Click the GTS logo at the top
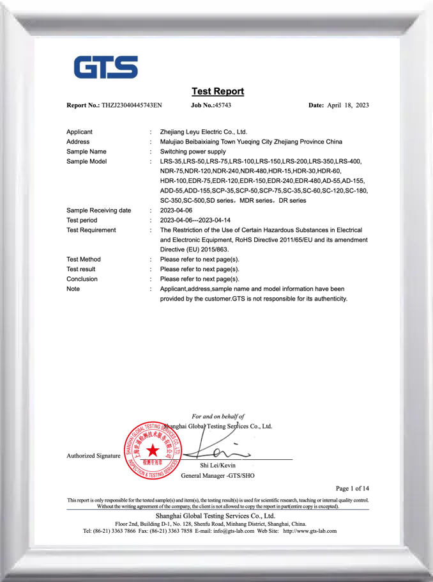pos(106,68)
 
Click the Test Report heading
pos(217,91)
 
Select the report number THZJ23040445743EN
pos(132,105)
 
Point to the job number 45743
pos(223,105)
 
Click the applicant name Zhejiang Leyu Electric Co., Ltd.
pos(204,132)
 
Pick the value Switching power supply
pos(193,152)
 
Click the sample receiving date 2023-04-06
pos(176,210)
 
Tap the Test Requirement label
pos(91,230)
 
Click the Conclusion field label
pos(82,279)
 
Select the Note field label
pos(74,289)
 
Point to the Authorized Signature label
pos(93,456)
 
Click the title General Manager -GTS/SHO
pos(218,476)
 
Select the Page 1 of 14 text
pos(352,489)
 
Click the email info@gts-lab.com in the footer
pos(230,531)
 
